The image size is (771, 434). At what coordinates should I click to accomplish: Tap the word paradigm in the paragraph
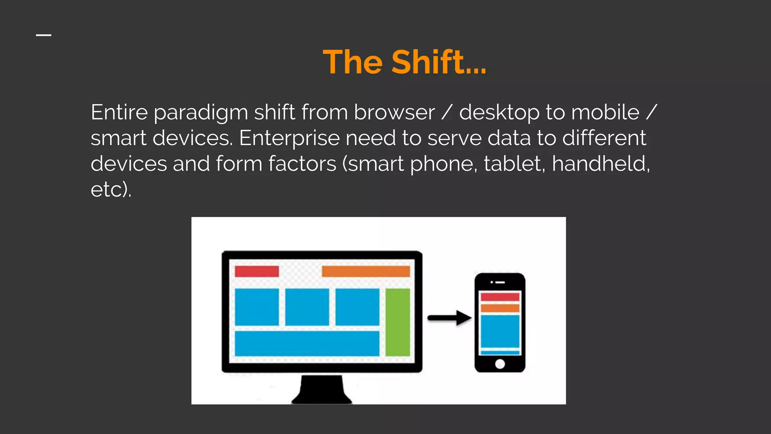pos(201,113)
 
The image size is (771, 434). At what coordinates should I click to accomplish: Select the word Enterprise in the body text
pos(289,138)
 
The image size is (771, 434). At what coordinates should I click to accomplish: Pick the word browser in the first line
pos(394,113)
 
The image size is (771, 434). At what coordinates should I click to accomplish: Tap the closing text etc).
pos(111,189)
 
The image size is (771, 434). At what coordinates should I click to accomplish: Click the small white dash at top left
pos(44,35)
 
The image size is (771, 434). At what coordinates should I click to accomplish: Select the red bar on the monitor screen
pos(257,271)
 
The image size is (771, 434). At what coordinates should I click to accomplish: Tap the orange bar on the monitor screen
pos(366,271)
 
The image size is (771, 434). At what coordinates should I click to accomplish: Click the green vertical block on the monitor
pos(398,322)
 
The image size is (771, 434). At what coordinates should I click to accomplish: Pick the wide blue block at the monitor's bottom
pos(307,343)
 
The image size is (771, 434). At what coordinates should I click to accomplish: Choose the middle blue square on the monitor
pos(307,307)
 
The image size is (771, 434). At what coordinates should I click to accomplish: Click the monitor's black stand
pos(322,390)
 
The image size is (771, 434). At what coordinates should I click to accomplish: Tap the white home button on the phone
pos(500,364)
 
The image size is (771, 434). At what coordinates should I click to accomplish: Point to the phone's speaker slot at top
pos(500,282)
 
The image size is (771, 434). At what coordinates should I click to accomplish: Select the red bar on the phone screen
pos(500,297)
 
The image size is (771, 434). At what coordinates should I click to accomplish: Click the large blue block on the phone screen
pos(500,331)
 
